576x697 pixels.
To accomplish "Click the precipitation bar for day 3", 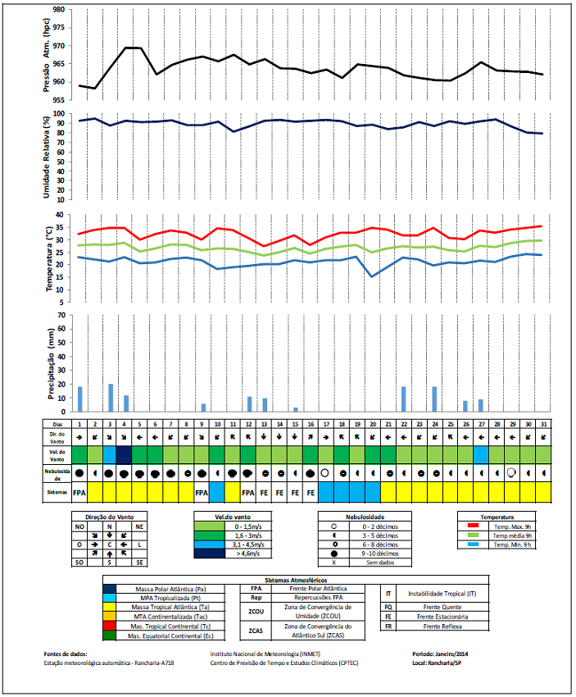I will pyautogui.click(x=111, y=398).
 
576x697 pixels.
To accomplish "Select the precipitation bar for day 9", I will pyautogui.click(x=203, y=408).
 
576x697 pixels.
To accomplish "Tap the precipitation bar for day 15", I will pyautogui.click(x=296, y=409).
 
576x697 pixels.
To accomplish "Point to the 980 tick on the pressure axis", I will pyautogui.click(x=59, y=9).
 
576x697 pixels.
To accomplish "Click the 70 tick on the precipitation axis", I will pyautogui.click(x=61, y=314).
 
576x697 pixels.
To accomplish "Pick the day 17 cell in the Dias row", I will pyautogui.click(x=325, y=423).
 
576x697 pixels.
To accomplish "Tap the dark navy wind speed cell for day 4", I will pyautogui.click(x=125, y=455).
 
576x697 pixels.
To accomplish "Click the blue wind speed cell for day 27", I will pyautogui.click(x=480, y=455).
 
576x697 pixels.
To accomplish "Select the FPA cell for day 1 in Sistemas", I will pyautogui.click(x=79, y=493).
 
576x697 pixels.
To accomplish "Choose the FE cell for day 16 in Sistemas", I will pyautogui.click(x=311, y=493).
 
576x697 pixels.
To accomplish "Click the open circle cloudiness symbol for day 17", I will pyautogui.click(x=325, y=474).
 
